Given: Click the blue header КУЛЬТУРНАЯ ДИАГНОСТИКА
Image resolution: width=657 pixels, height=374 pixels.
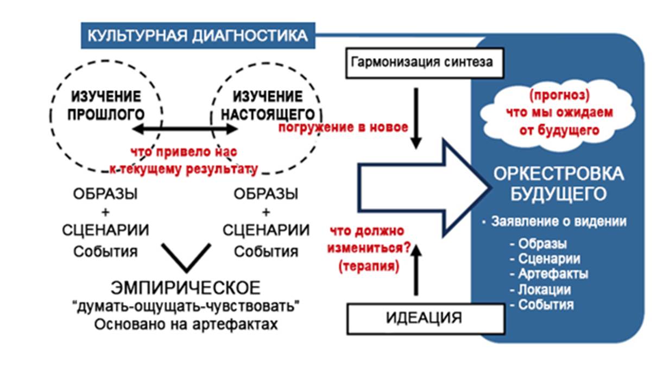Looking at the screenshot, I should coord(197,36).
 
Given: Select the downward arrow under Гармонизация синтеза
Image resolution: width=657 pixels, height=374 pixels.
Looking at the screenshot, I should coord(416,117).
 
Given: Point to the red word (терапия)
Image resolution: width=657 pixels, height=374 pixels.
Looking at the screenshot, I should coord(368,267).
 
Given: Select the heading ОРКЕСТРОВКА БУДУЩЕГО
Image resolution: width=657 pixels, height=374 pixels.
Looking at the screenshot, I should coord(558,184).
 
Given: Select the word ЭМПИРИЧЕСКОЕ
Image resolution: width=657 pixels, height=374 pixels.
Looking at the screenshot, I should coord(186,288).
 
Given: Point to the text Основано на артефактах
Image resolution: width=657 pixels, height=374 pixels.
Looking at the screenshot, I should coord(186,325).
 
